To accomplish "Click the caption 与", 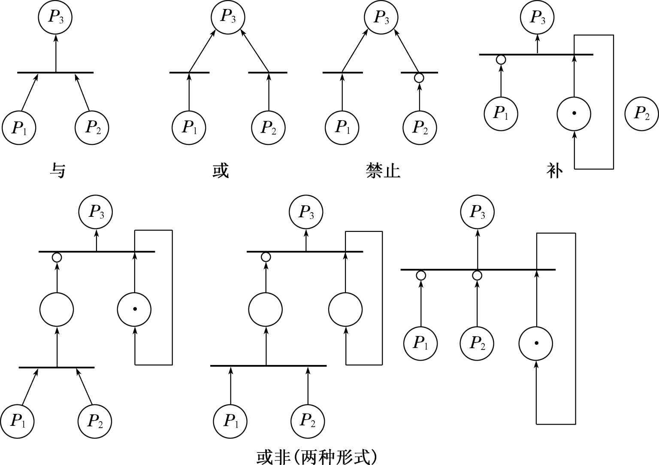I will point(57,170).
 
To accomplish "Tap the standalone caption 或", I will point(221,170).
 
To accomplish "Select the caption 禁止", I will point(383,170).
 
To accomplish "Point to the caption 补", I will point(554,170).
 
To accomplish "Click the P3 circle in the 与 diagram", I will point(55,17).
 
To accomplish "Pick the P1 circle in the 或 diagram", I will point(189,128).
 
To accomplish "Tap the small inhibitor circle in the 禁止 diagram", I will point(419,78).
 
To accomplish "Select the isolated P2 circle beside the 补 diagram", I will point(641,114).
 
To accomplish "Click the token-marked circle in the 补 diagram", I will point(574,114).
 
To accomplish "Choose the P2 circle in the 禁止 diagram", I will point(420,128).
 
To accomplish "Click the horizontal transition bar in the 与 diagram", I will point(55,73).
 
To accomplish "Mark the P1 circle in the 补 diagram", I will point(501,113).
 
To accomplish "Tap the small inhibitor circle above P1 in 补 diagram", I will point(500,60).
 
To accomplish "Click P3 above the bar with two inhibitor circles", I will point(477,212).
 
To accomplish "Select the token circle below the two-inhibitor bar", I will point(536,343).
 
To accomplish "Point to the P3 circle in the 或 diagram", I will point(228,17).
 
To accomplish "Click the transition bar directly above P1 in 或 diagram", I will point(189,73).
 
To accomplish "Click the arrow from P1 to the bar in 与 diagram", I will point(30,92).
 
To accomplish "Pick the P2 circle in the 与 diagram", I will point(92,128).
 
